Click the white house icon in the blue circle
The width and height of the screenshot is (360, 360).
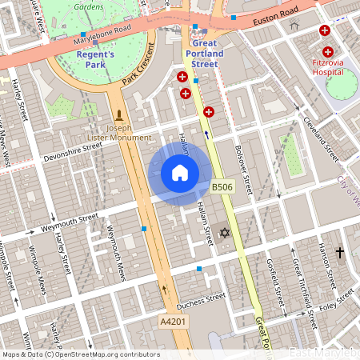[180, 173]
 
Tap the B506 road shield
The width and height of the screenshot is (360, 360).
[222, 187]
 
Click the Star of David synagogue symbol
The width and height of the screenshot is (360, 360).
[224, 233]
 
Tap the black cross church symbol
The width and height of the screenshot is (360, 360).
[339, 253]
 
